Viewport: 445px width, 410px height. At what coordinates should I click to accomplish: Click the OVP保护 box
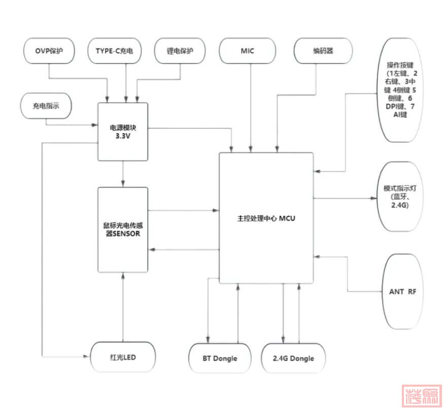click(49, 51)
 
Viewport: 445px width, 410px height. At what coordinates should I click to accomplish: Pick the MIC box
click(248, 51)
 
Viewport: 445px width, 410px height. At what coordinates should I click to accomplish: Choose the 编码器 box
click(323, 51)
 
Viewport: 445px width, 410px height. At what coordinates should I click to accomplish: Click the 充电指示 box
click(45, 107)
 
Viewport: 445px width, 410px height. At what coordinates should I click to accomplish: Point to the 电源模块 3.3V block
click(123, 132)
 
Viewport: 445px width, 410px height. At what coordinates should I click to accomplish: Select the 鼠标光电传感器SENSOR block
click(123, 229)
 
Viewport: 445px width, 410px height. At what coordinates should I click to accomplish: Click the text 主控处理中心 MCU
click(266, 219)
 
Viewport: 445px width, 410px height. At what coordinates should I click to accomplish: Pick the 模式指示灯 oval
click(400, 196)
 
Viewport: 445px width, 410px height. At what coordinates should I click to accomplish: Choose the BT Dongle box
click(220, 358)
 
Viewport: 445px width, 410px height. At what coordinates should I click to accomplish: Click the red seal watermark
click(422, 396)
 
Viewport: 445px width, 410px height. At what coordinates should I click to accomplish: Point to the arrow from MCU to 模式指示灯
click(345, 199)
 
